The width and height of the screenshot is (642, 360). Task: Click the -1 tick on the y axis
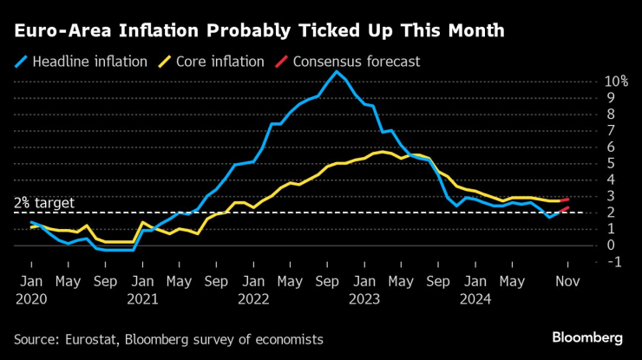click(612, 261)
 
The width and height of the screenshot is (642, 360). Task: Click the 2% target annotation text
click(44, 203)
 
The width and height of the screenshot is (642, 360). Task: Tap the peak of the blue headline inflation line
click(337, 71)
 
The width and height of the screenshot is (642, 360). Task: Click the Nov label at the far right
click(568, 281)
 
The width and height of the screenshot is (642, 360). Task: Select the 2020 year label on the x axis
click(30, 298)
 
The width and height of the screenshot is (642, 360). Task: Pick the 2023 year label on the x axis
click(364, 298)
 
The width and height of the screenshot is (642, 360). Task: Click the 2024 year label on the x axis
click(475, 298)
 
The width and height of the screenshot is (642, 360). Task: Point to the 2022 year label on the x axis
click(253, 298)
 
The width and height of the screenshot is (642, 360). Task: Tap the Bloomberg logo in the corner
click(587, 337)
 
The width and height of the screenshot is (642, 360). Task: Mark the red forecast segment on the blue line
click(563, 209)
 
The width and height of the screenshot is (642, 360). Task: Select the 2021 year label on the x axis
click(141, 298)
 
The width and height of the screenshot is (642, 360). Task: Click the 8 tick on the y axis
click(612, 114)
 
